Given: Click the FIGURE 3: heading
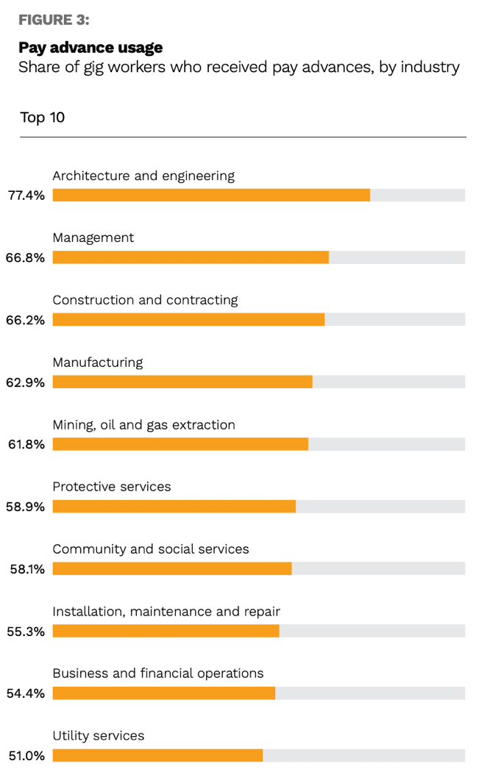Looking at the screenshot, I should (54, 21).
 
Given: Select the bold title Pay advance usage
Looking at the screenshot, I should (90, 48).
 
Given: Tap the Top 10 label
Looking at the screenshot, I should (42, 118).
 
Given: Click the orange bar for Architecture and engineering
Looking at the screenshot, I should (211, 195).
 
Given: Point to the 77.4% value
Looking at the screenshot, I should (26, 196).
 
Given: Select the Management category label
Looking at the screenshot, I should (93, 238).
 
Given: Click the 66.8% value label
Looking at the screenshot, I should (26, 258).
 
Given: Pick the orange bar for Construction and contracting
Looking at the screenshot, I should (188, 320).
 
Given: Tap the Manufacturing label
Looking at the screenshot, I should (98, 362).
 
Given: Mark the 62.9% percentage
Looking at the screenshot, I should (26, 382).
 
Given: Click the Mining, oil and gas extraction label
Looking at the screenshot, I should (143, 425).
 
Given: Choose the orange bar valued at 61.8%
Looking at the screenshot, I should (180, 444).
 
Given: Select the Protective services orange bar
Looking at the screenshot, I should (174, 507).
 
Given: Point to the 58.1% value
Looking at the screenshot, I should (26, 569).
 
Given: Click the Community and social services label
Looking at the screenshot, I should (151, 549).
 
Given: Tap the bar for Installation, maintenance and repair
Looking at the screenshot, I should (166, 631).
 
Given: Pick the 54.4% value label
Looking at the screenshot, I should (26, 693).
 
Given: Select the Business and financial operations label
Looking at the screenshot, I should (158, 674).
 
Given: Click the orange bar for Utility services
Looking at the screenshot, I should (157, 755).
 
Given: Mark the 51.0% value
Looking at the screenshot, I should (26, 756).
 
